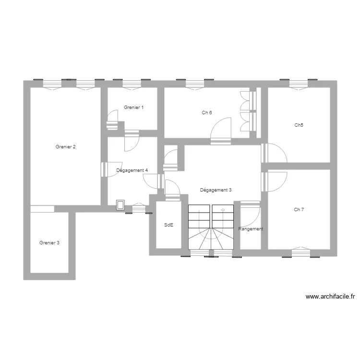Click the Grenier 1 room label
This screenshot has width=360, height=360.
pyautogui.click(x=133, y=108)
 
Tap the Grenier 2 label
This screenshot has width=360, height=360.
pyautogui.click(x=65, y=147)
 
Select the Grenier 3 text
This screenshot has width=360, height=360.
pyautogui.click(x=49, y=243)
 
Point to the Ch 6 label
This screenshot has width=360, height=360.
pyautogui.click(x=207, y=113)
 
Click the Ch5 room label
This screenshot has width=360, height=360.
pyautogui.click(x=299, y=125)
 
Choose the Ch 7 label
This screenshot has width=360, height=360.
pyautogui.click(x=299, y=210)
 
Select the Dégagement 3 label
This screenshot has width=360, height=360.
pyautogui.click(x=216, y=190)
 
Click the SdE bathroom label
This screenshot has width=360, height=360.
pyautogui.click(x=168, y=225)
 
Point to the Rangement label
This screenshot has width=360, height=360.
pyautogui.click(x=251, y=229)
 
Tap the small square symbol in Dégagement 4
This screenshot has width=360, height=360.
pyautogui.click(x=120, y=205)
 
